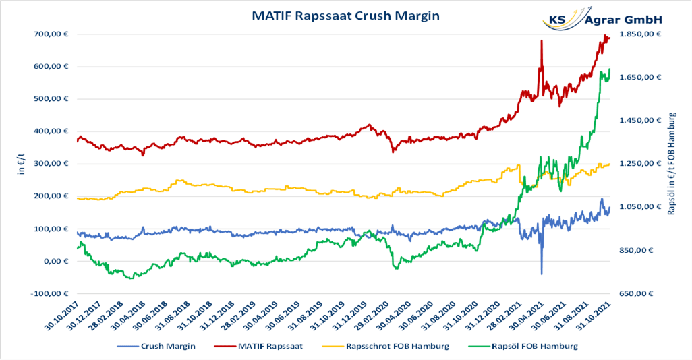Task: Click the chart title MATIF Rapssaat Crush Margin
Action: click(x=345, y=14)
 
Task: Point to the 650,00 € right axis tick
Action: click(x=642, y=293)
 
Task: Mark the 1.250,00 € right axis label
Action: click(x=639, y=164)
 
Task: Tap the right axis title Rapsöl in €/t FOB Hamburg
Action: click(x=672, y=164)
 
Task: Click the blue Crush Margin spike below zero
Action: click(x=541, y=271)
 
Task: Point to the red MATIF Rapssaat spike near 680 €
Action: click(x=541, y=42)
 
